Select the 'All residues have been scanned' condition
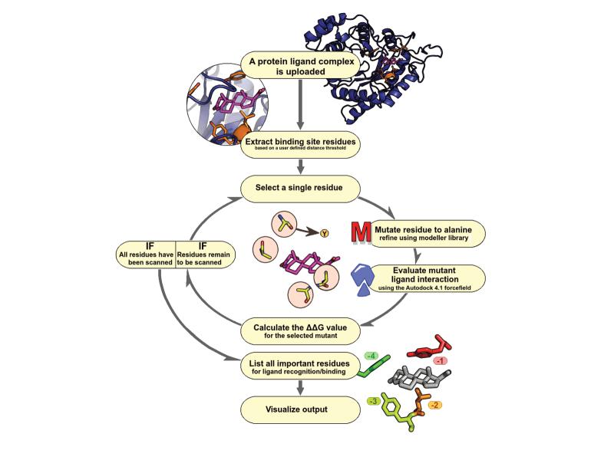tap(147, 254)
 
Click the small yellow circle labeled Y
tap(325, 232)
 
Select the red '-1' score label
tap(442, 360)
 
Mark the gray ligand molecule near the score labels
tap(422, 379)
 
